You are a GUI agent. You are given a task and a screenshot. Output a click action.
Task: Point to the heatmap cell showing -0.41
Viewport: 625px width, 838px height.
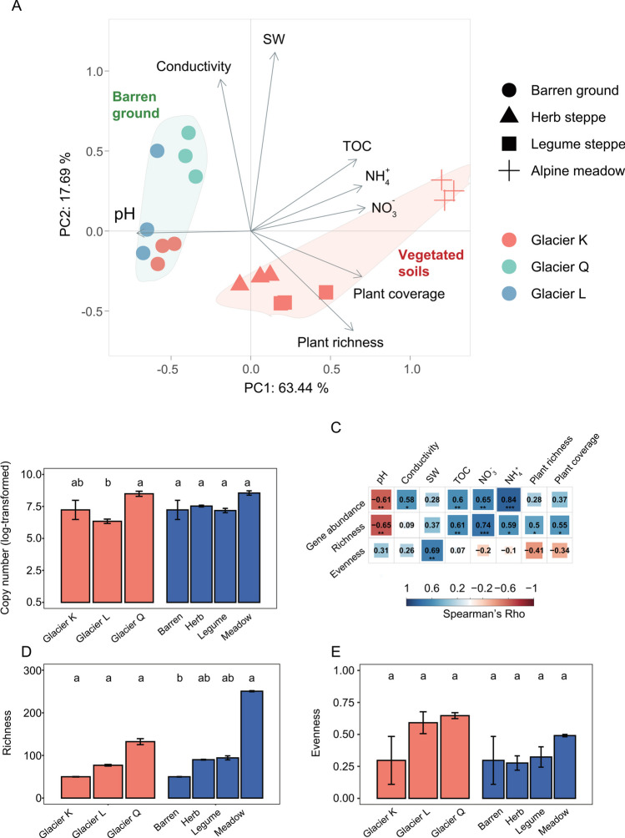pos(542,552)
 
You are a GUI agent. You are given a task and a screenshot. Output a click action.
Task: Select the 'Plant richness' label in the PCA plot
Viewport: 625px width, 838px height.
pos(339,341)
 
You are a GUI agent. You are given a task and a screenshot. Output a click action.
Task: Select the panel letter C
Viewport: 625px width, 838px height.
pos(335,429)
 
